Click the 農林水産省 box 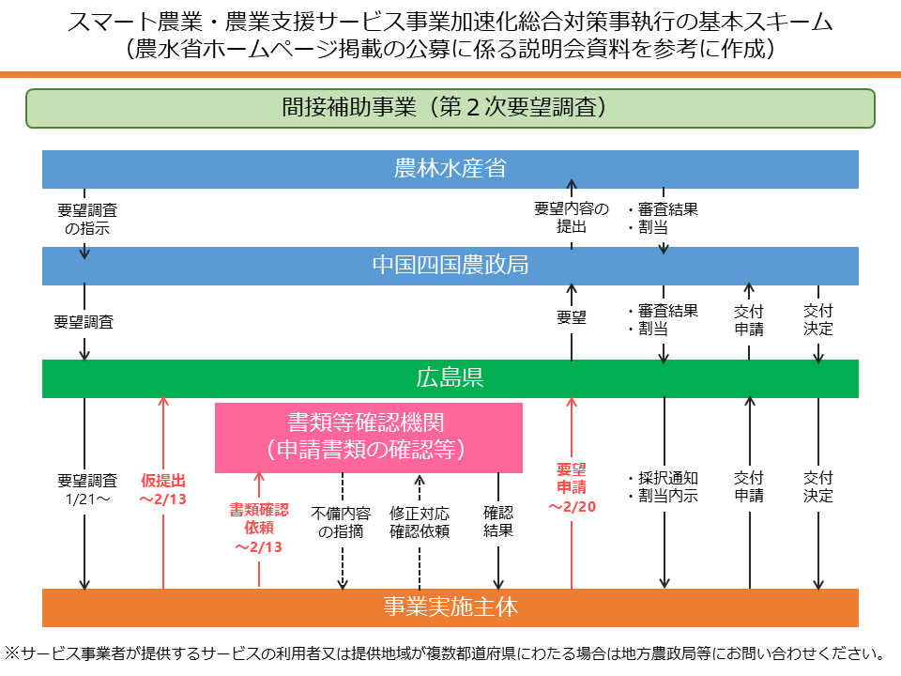(450, 169)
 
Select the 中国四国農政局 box (450, 266)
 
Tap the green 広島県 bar (450, 378)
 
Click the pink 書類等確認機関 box (369, 437)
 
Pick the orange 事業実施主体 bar (450, 607)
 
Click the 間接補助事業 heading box (450, 108)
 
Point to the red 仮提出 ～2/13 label (163, 489)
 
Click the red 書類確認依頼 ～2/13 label (259, 528)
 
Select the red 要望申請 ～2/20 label (572, 487)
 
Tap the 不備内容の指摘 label (343, 522)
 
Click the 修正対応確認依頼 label (420, 522)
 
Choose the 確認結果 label (498, 522)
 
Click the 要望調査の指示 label (86, 220)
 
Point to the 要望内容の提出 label (572, 218)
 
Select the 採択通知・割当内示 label (663, 487)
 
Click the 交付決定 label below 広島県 (818, 487)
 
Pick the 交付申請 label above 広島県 (749, 320)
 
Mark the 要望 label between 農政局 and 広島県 (572, 318)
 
